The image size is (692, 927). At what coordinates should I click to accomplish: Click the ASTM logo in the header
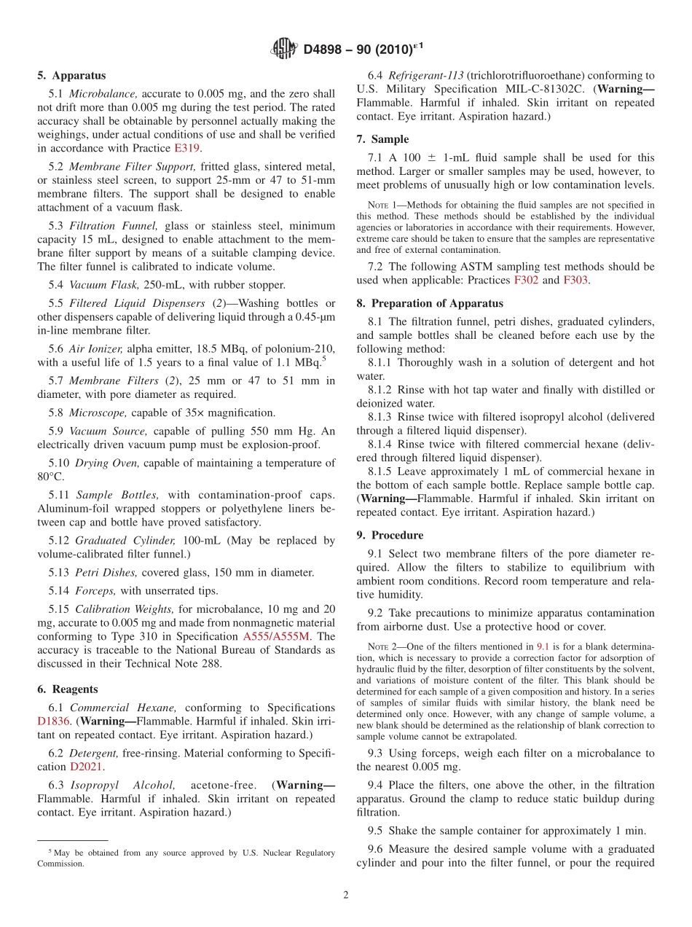tap(283, 50)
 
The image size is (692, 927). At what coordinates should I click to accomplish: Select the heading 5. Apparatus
tap(71, 75)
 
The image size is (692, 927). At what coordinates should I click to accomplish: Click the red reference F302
tap(527, 280)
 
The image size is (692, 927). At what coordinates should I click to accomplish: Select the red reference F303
tap(575, 280)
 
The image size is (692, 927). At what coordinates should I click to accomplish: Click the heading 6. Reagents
tap(68, 689)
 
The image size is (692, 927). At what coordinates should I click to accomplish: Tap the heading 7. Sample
tap(382, 139)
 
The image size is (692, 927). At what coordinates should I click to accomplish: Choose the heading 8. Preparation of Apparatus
tap(430, 303)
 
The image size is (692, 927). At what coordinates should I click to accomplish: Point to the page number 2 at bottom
tap(346, 895)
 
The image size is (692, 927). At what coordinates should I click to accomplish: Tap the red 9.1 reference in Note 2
tap(543, 646)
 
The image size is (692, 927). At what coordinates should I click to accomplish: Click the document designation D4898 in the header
tap(327, 50)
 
